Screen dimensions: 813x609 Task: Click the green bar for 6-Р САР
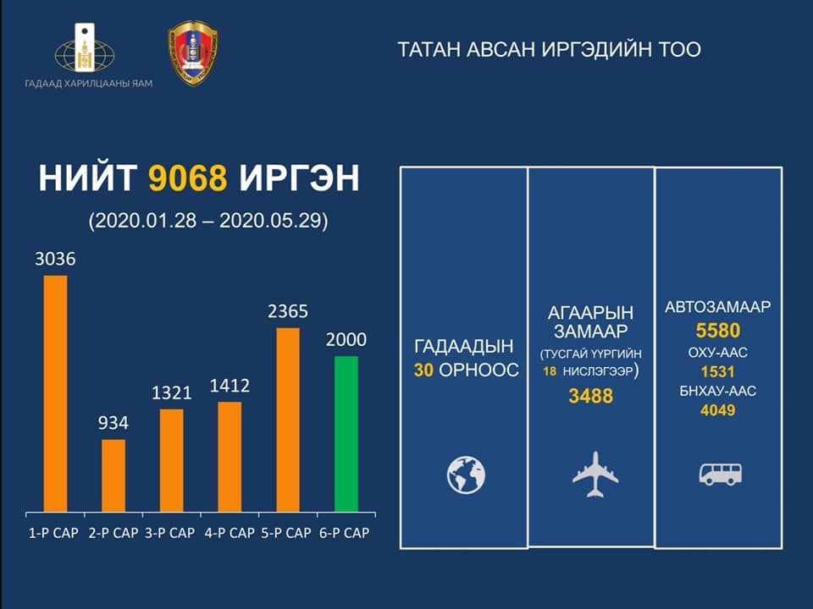[346, 434]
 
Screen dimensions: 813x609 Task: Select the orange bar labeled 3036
[56, 393]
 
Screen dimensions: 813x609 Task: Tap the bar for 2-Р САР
[113, 476]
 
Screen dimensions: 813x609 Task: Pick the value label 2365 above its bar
[288, 311]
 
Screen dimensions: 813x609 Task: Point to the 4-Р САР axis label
[230, 533]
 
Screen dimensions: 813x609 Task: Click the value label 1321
[172, 392]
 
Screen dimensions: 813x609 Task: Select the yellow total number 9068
[188, 178]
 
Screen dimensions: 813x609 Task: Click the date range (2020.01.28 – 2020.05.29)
[208, 221]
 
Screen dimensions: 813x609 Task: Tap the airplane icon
[595, 475]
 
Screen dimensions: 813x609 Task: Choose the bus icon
[720, 474]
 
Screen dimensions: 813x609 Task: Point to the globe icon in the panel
[466, 475]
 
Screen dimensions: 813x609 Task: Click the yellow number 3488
[591, 396]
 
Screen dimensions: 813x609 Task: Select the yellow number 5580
[718, 331]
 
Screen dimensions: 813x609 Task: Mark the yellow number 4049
[718, 411]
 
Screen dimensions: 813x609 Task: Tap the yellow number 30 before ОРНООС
[423, 370]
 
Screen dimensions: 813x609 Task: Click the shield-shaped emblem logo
[193, 52]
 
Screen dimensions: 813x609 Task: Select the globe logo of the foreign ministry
[85, 50]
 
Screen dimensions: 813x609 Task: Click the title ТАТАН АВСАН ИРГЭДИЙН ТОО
[550, 50]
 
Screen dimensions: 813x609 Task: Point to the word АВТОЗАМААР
[718, 307]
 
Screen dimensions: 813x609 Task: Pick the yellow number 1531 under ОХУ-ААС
[718, 372]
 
